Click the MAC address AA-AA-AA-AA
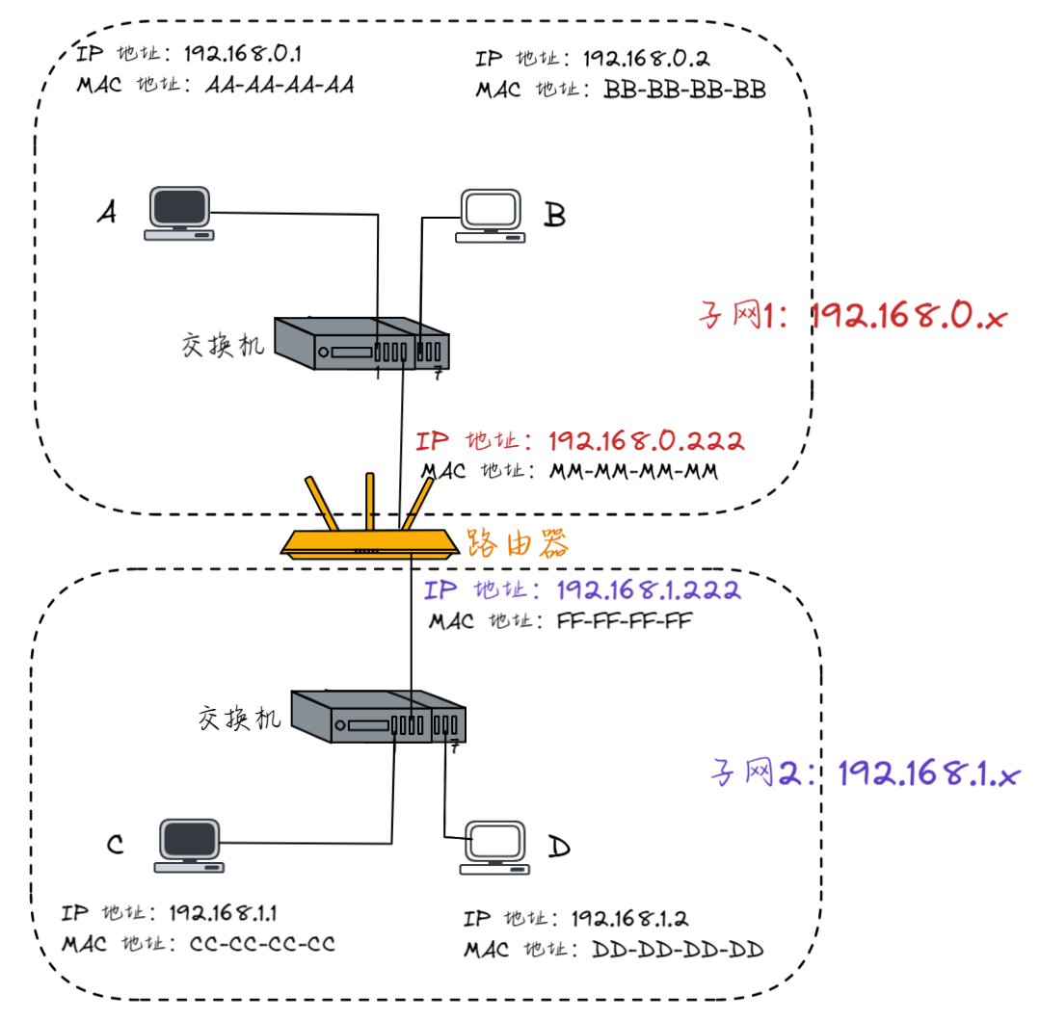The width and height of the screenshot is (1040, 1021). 280,85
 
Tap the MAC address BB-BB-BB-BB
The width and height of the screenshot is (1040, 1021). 685,91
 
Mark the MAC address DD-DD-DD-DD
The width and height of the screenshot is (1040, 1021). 678,950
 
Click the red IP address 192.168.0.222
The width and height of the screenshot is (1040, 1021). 646,441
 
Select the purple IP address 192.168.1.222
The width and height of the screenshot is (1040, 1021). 648,590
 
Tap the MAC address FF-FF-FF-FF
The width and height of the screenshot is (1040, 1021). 625,620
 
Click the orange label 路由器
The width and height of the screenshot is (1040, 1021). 517,544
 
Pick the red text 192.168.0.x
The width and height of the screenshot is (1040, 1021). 907,316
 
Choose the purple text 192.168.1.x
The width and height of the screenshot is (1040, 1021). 927,772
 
